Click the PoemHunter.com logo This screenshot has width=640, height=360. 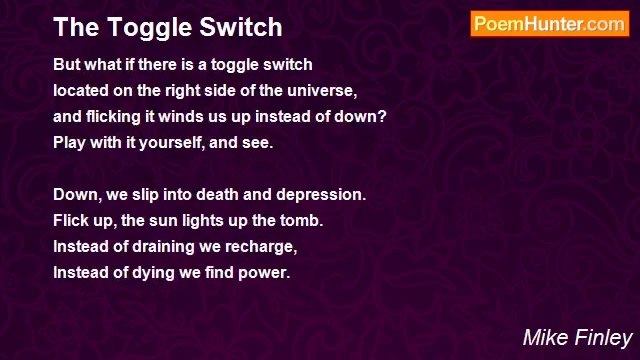click(x=549, y=25)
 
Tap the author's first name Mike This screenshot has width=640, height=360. click(x=544, y=337)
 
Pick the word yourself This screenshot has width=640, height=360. click(x=176, y=142)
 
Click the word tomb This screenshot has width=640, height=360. click(x=303, y=220)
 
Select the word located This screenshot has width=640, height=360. click(x=82, y=90)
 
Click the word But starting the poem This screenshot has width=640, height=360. click(x=67, y=64)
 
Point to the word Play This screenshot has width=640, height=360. click(x=69, y=142)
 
